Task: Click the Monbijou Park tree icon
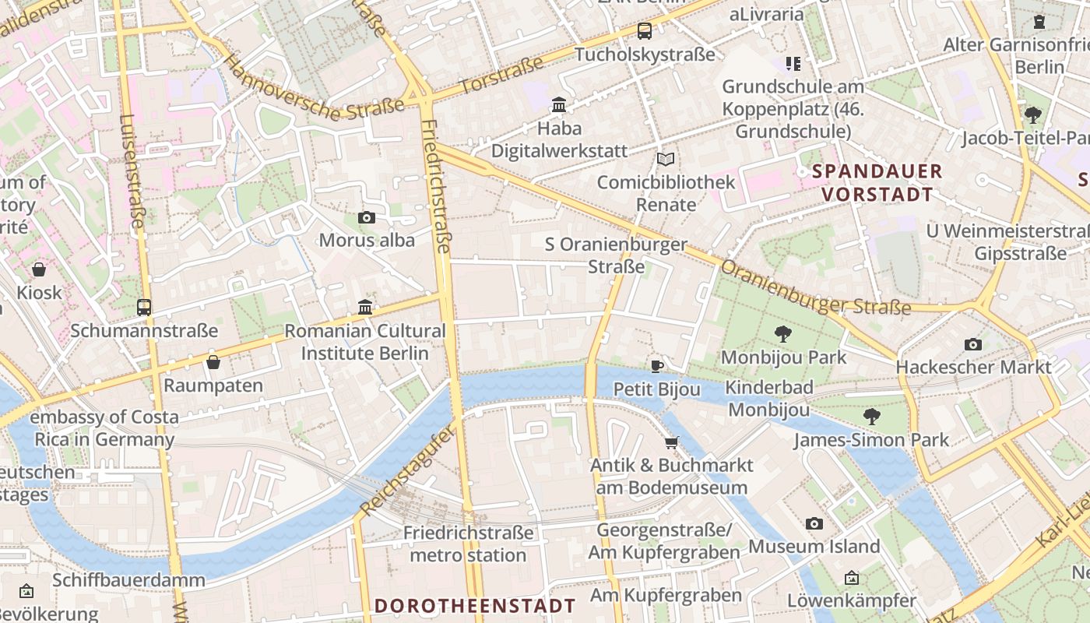tap(783, 334)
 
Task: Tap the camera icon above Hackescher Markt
tap(972, 344)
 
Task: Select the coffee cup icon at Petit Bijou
tap(657, 366)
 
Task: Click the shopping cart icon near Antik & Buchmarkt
tap(671, 442)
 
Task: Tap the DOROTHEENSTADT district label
tap(475, 606)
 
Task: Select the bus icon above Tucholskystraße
tap(645, 31)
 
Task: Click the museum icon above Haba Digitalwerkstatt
tap(559, 104)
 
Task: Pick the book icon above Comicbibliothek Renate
tap(665, 159)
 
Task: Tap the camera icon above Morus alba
tap(366, 217)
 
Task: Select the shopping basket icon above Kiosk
tap(39, 269)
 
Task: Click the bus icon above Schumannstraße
tap(144, 307)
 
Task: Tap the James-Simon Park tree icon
tap(872, 417)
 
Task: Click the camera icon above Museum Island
tap(814, 523)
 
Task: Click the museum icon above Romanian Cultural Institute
tap(365, 307)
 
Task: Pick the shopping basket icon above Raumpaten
tap(213, 362)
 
